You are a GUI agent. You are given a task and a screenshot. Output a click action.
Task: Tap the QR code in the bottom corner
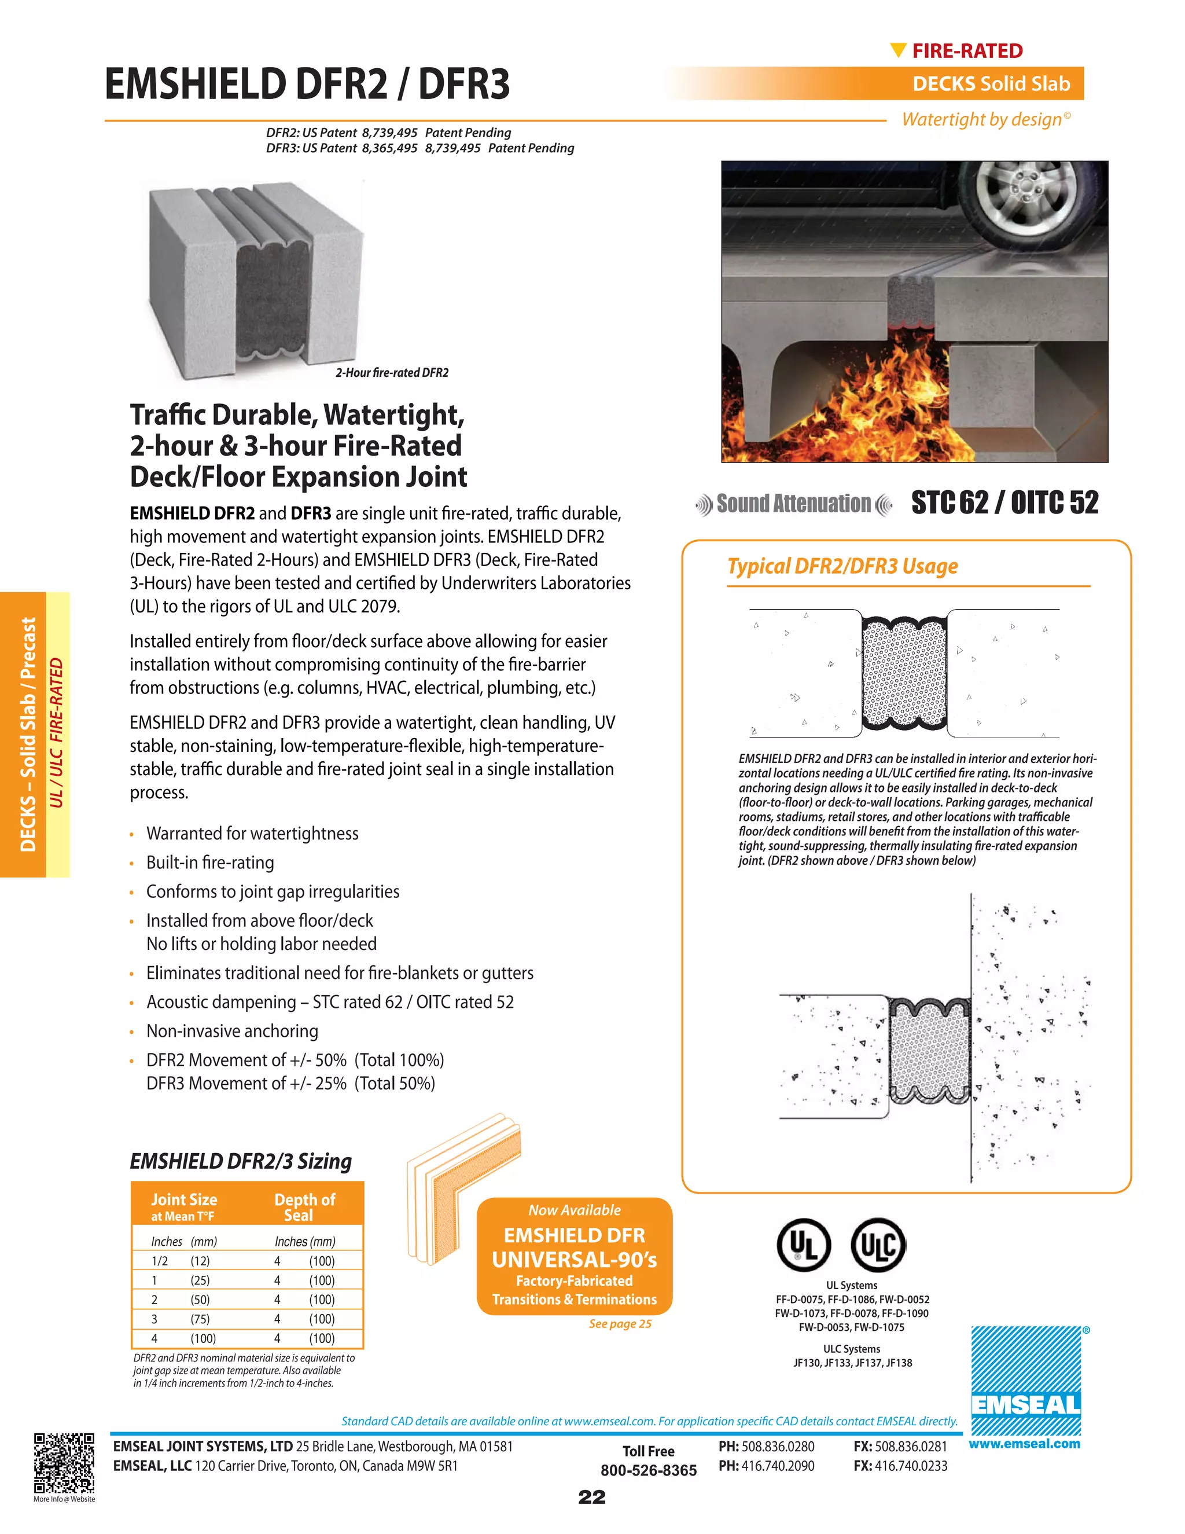(x=64, y=1462)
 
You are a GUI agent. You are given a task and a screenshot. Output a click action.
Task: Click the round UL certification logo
(x=804, y=1245)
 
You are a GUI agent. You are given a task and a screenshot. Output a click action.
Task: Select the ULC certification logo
(x=878, y=1245)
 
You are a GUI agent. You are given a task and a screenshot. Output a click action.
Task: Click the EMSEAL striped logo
(x=1026, y=1380)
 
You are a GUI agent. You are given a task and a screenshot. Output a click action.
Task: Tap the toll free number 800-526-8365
(x=648, y=1470)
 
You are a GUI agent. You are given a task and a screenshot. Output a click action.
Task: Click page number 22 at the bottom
(x=592, y=1497)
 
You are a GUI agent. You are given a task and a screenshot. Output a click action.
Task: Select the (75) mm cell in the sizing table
(x=200, y=1319)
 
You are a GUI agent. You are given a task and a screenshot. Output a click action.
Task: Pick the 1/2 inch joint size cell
(x=159, y=1261)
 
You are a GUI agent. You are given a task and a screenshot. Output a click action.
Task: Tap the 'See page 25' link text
(x=620, y=1324)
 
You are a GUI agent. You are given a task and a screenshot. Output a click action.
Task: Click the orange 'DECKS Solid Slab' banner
(x=991, y=83)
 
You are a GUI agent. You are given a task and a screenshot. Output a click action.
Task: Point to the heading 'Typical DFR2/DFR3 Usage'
(x=842, y=566)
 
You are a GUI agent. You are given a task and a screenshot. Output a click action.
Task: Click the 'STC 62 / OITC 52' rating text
(x=1004, y=503)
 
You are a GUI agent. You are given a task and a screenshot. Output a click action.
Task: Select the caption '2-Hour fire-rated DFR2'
(x=392, y=373)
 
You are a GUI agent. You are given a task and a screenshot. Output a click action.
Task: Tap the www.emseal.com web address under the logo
(x=1024, y=1444)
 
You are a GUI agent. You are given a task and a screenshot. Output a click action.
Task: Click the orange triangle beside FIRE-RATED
(x=898, y=50)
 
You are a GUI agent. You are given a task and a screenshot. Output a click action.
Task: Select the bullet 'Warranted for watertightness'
(x=252, y=834)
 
